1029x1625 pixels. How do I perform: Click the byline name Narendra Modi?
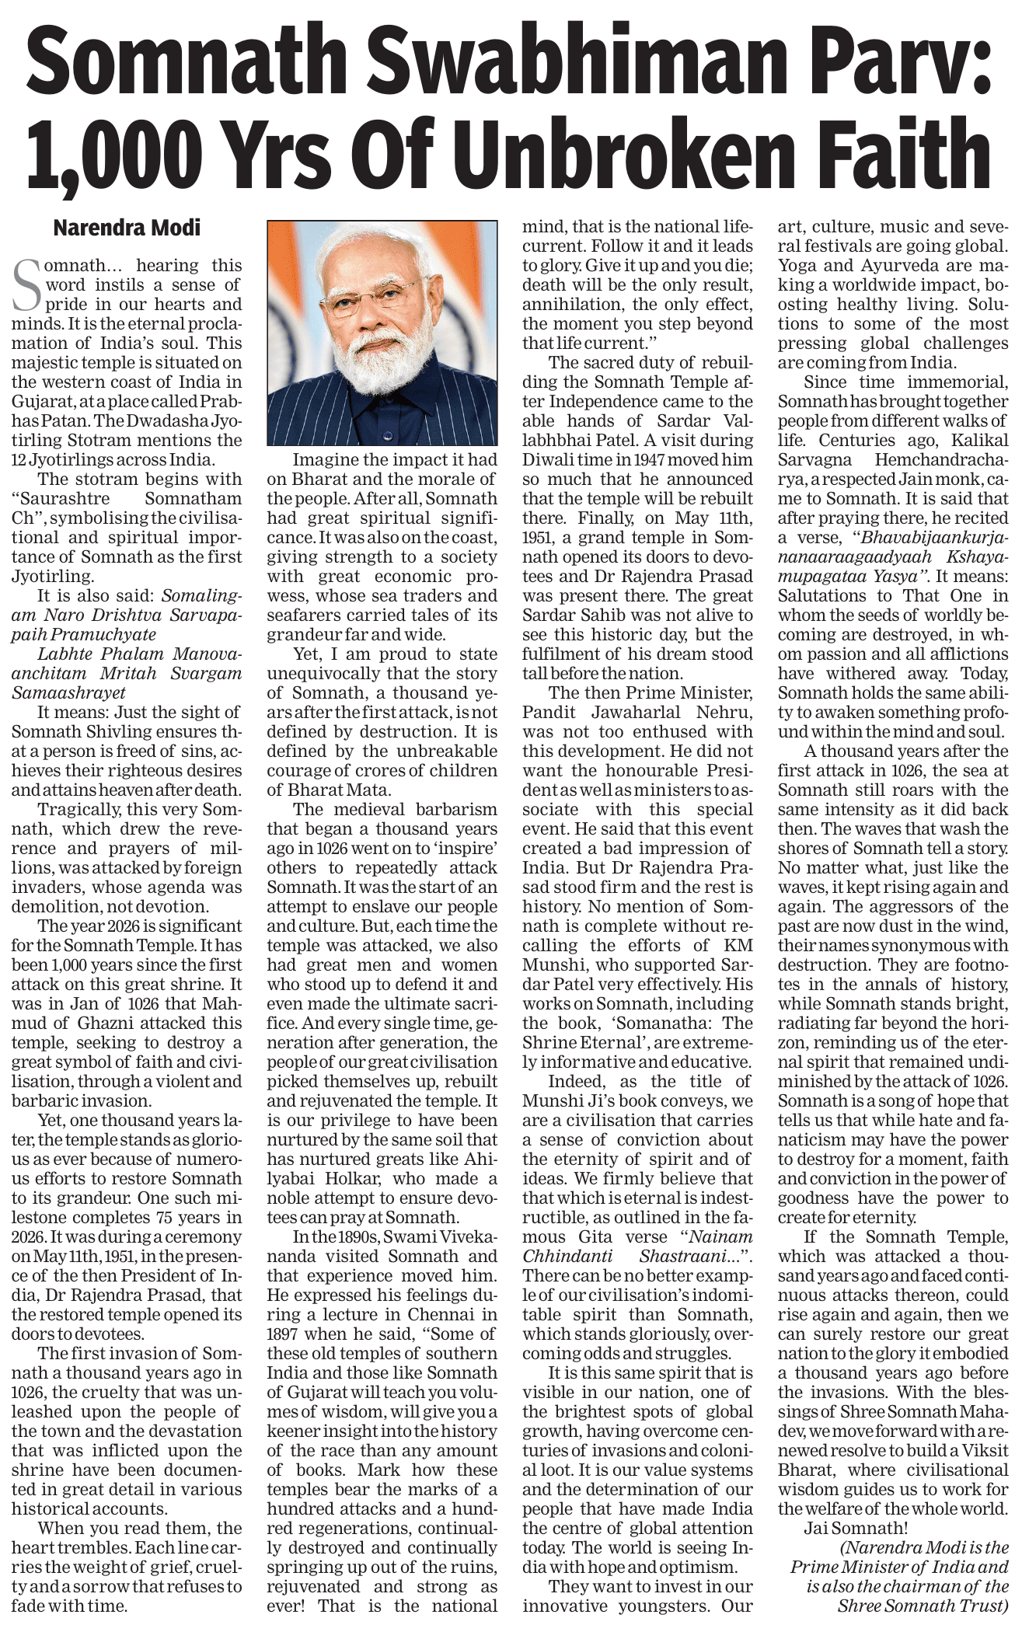click(x=127, y=228)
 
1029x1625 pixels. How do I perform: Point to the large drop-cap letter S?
click(x=28, y=285)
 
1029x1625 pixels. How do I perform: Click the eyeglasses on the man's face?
click(x=383, y=292)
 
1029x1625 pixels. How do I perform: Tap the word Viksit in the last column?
click(x=982, y=1451)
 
